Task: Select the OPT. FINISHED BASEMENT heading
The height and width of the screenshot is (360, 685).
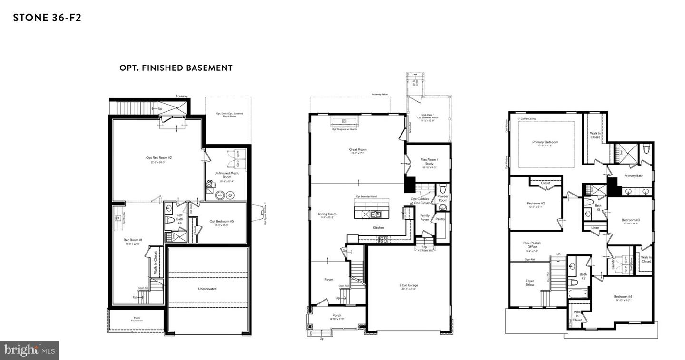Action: pyautogui.click(x=176, y=68)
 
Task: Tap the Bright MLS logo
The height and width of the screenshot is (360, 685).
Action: pyautogui.click(x=29, y=350)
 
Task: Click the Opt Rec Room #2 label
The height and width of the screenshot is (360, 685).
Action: pyautogui.click(x=158, y=158)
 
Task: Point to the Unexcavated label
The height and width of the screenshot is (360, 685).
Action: pyautogui.click(x=208, y=289)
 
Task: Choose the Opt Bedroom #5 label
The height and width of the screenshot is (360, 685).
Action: pyautogui.click(x=222, y=221)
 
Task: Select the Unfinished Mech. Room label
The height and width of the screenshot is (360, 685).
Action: pyautogui.click(x=226, y=175)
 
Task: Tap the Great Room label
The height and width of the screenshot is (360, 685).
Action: pyautogui.click(x=358, y=150)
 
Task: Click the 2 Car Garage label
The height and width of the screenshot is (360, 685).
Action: pyautogui.click(x=409, y=286)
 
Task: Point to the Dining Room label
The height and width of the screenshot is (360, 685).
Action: pyautogui.click(x=327, y=214)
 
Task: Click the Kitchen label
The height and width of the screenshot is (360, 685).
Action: pyautogui.click(x=378, y=228)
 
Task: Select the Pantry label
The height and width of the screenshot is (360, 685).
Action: pyautogui.click(x=440, y=220)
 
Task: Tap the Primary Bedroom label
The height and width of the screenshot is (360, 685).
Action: pyautogui.click(x=545, y=142)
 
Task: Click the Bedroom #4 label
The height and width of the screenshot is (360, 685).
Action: pyautogui.click(x=623, y=297)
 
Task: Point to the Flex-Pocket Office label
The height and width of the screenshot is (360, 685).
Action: pyautogui.click(x=532, y=245)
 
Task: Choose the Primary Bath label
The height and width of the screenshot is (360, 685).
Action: pyautogui.click(x=633, y=175)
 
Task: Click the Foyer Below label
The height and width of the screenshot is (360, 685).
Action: pyautogui.click(x=529, y=283)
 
